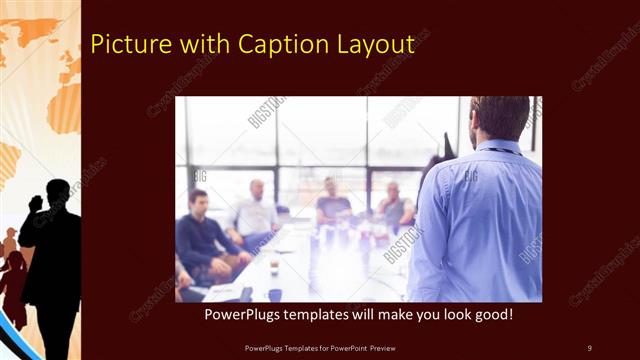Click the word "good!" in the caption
[492, 315]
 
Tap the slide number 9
[589, 347]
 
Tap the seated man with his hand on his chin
[394, 205]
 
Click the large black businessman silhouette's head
[58, 193]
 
